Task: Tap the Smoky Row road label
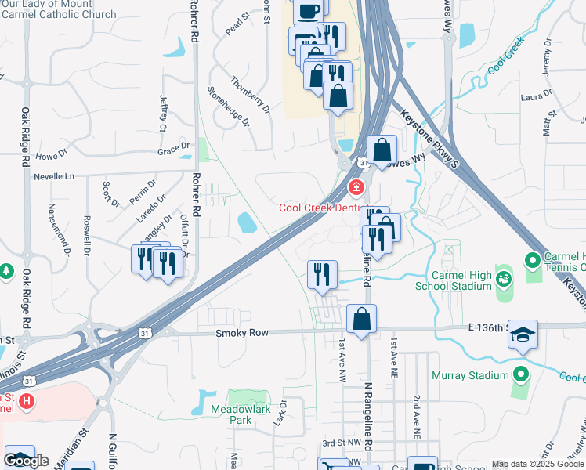243,333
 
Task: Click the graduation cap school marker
523,335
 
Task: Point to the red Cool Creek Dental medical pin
356,188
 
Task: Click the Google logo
26,461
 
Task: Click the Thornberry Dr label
250,95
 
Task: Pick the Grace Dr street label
173,147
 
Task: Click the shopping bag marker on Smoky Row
361,320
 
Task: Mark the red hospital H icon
27,402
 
